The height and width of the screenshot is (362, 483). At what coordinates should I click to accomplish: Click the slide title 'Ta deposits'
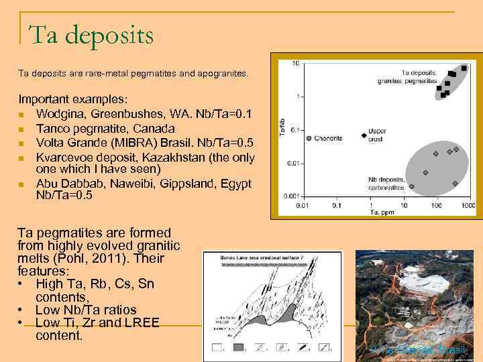pyautogui.click(x=91, y=34)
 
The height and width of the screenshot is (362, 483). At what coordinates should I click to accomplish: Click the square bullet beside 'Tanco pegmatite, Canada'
pyautogui.click(x=22, y=129)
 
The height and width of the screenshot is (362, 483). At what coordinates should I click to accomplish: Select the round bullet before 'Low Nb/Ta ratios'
pyautogui.click(x=22, y=310)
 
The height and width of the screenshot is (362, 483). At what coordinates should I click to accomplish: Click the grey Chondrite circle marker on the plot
pyautogui.click(x=308, y=139)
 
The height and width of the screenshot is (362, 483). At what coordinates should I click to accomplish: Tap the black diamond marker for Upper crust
pyautogui.click(x=364, y=135)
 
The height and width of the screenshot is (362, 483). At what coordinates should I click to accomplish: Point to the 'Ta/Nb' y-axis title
pyautogui.click(x=282, y=129)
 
